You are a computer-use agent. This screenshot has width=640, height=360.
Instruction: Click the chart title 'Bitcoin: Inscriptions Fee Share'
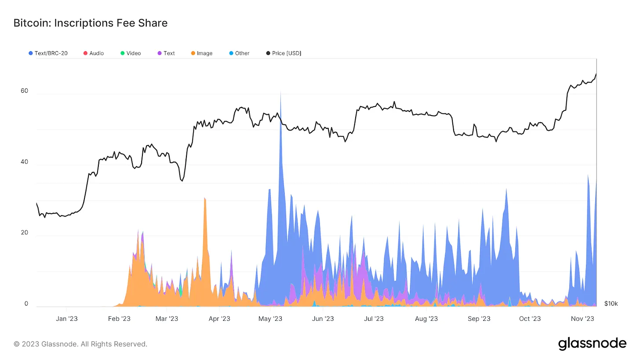[91, 23]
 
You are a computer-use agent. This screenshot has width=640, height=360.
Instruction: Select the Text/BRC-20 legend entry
[48, 53]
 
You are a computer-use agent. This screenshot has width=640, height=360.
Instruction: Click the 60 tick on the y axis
[24, 91]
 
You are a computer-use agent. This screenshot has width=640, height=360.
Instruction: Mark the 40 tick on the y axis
[24, 162]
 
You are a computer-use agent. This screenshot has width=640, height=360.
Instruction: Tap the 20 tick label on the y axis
[24, 233]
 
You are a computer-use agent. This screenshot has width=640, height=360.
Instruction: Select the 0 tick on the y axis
[26, 304]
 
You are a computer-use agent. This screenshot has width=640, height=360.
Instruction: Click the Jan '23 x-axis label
[67, 319]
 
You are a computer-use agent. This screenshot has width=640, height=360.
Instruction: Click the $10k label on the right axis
[611, 304]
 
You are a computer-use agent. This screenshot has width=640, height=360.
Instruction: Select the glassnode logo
[592, 344]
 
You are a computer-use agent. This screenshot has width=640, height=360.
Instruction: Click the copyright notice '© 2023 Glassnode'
[80, 344]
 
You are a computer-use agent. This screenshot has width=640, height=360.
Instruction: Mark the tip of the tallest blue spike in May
[280, 93]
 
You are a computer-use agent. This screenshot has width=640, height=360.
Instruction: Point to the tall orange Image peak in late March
[204, 198]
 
